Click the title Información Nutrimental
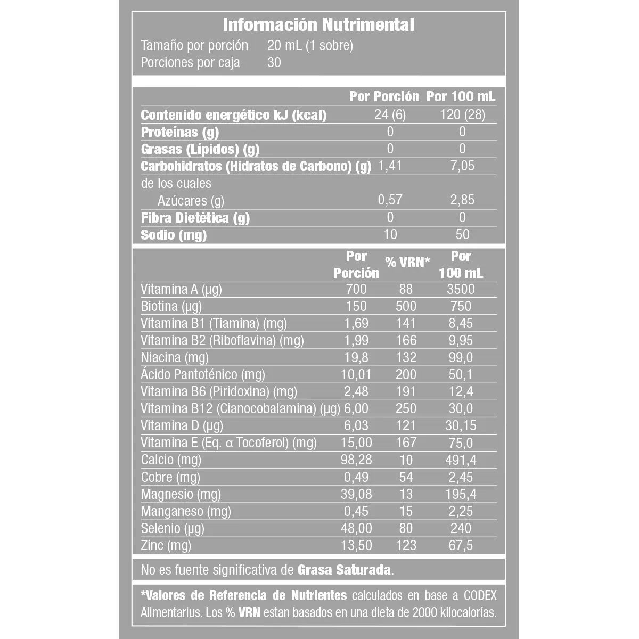[x=318, y=24]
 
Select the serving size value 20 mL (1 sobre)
[x=310, y=45]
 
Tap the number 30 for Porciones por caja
[x=274, y=62]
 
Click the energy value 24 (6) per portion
[x=390, y=115]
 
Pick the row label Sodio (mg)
[x=174, y=235]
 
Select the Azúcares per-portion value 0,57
[x=390, y=200]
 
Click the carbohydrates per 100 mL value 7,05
[x=462, y=166]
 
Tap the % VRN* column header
[x=407, y=261]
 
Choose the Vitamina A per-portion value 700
[x=356, y=289]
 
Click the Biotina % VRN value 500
[x=406, y=306]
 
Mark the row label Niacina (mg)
[x=175, y=357]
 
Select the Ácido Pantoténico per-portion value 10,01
[x=356, y=374]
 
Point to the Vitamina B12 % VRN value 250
[x=406, y=408]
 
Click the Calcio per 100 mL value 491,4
[x=461, y=460]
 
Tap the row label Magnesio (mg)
[x=181, y=494]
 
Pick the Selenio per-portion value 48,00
[x=356, y=528]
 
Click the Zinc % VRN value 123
[x=406, y=545]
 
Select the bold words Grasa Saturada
[x=345, y=570]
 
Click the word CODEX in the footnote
[x=476, y=595]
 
